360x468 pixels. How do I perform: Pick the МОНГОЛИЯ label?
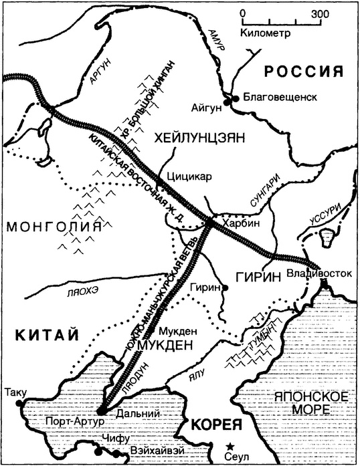(56, 227)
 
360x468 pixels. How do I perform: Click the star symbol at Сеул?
(230, 446)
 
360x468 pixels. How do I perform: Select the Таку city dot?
(20, 404)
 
